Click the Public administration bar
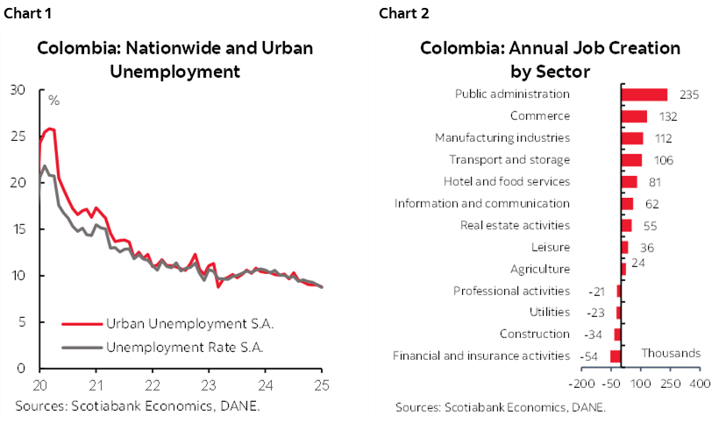tap(644, 95)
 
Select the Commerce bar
tap(634, 116)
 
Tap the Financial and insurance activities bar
tap(616, 356)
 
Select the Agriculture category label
tap(540, 269)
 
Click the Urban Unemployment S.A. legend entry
tap(189, 322)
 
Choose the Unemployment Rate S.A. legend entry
tap(184, 348)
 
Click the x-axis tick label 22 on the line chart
tap(153, 384)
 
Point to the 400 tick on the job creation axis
tap(700, 384)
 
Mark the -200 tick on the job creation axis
tap(581, 384)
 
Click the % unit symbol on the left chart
tap(53, 101)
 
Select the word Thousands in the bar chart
tap(671, 353)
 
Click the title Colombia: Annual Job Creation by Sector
tap(550, 59)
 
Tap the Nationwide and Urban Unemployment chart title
tap(174, 59)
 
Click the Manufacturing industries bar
tap(631, 137)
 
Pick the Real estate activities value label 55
tap(650, 226)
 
